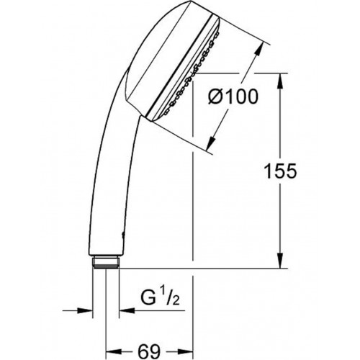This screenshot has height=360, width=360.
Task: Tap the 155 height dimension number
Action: tap(280, 171)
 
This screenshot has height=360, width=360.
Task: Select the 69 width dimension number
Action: tap(149, 352)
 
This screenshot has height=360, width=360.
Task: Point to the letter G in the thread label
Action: tap(147, 297)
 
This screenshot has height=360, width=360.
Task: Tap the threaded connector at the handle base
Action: tap(106, 262)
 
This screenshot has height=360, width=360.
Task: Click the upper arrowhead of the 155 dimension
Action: tap(280, 81)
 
